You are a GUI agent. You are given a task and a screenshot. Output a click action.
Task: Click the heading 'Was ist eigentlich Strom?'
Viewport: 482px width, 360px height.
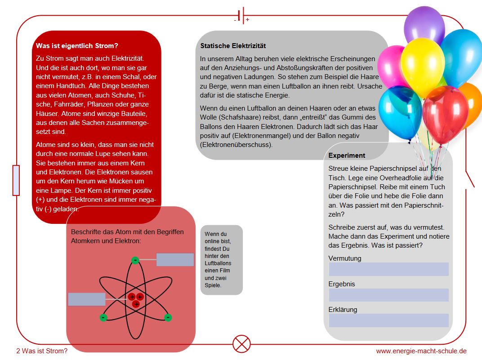pyautogui.click(x=77, y=46)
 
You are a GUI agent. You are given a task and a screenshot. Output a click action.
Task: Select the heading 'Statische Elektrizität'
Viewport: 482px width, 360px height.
pyautogui.click(x=233, y=46)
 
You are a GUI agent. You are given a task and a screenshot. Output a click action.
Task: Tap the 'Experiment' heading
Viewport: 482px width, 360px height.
pyautogui.click(x=347, y=156)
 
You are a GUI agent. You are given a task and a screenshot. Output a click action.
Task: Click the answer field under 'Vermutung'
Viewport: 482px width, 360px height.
pyautogui.click(x=388, y=269)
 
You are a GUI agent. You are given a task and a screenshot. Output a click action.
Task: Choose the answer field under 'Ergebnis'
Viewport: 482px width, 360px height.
pyautogui.click(x=388, y=295)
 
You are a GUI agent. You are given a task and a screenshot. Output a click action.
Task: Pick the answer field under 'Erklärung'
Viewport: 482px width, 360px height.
pyautogui.click(x=388, y=320)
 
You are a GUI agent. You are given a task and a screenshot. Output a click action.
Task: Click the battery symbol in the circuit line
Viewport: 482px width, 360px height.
pyautogui.click(x=241, y=16)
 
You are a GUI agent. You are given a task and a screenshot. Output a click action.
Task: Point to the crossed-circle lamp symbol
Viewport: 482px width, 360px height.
pyautogui.click(x=241, y=344)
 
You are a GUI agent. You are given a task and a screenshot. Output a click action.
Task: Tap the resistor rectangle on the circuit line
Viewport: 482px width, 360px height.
pyautogui.click(x=16, y=180)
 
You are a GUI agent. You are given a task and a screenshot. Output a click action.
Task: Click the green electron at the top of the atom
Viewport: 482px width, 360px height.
pyautogui.click(x=135, y=260)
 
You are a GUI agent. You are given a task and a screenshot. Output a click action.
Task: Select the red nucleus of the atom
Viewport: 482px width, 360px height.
pyautogui.click(x=136, y=300)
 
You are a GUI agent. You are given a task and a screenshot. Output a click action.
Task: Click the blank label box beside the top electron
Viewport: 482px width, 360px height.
pyautogui.click(x=175, y=260)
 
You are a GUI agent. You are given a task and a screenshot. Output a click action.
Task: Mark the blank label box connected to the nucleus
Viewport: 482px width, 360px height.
pyautogui.click(x=87, y=299)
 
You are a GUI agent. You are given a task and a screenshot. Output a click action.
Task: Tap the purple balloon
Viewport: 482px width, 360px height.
pyautogui.click(x=424, y=25)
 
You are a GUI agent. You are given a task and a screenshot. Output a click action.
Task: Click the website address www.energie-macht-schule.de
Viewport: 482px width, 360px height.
pyautogui.click(x=421, y=351)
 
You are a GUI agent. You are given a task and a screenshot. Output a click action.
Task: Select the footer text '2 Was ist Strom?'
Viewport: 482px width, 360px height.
pyautogui.click(x=41, y=351)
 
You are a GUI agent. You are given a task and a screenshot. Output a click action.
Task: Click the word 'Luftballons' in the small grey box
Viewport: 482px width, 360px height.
pyautogui.click(x=218, y=263)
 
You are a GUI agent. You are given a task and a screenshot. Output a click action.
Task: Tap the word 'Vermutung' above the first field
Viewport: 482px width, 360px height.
pyautogui.click(x=345, y=258)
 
